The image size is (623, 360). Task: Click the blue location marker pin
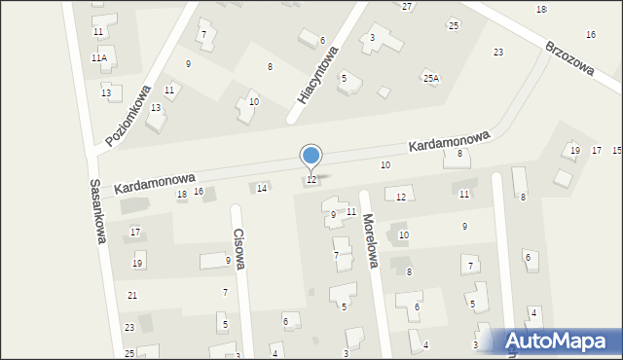[x=311, y=156]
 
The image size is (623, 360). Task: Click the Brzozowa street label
[x=569, y=61]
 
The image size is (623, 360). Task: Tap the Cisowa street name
[x=238, y=249]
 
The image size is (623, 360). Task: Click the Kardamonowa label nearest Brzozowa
[x=449, y=144]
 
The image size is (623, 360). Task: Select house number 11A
[x=99, y=58]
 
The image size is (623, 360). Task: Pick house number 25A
[x=430, y=78]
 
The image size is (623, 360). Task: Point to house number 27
[x=407, y=7]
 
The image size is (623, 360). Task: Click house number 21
[x=132, y=295]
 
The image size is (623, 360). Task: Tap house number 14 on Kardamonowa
[x=261, y=188]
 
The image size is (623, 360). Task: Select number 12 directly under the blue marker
[x=311, y=180]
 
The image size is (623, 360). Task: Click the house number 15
[x=616, y=150]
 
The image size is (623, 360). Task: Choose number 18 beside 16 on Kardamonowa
[x=181, y=195]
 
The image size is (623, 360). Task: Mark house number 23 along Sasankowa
[x=129, y=328]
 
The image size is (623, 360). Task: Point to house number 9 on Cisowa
[x=228, y=261]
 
